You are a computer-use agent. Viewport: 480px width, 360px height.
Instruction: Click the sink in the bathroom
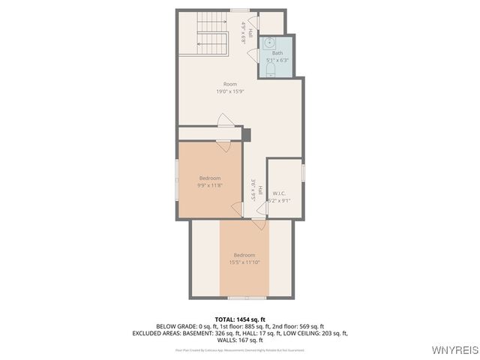(269, 43)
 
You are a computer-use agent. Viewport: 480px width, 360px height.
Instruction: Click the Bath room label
(277, 53)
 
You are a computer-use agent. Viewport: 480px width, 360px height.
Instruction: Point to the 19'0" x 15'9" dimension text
(231, 91)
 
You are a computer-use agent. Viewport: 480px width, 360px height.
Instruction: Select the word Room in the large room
(231, 84)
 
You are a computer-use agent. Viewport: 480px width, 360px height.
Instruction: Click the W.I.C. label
(279, 193)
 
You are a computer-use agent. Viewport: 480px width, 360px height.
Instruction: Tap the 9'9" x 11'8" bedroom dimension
(209, 185)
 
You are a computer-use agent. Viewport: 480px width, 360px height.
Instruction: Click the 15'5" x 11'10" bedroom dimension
(244, 262)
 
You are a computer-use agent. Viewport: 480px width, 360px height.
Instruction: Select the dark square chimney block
(245, 133)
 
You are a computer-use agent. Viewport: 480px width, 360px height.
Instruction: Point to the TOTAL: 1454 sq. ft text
(240, 319)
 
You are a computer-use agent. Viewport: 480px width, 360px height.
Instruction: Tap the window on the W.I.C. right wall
(303, 172)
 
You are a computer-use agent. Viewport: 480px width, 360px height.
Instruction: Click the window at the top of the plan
(239, 10)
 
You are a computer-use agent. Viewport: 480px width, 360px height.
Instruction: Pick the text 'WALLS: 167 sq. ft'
(240, 340)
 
